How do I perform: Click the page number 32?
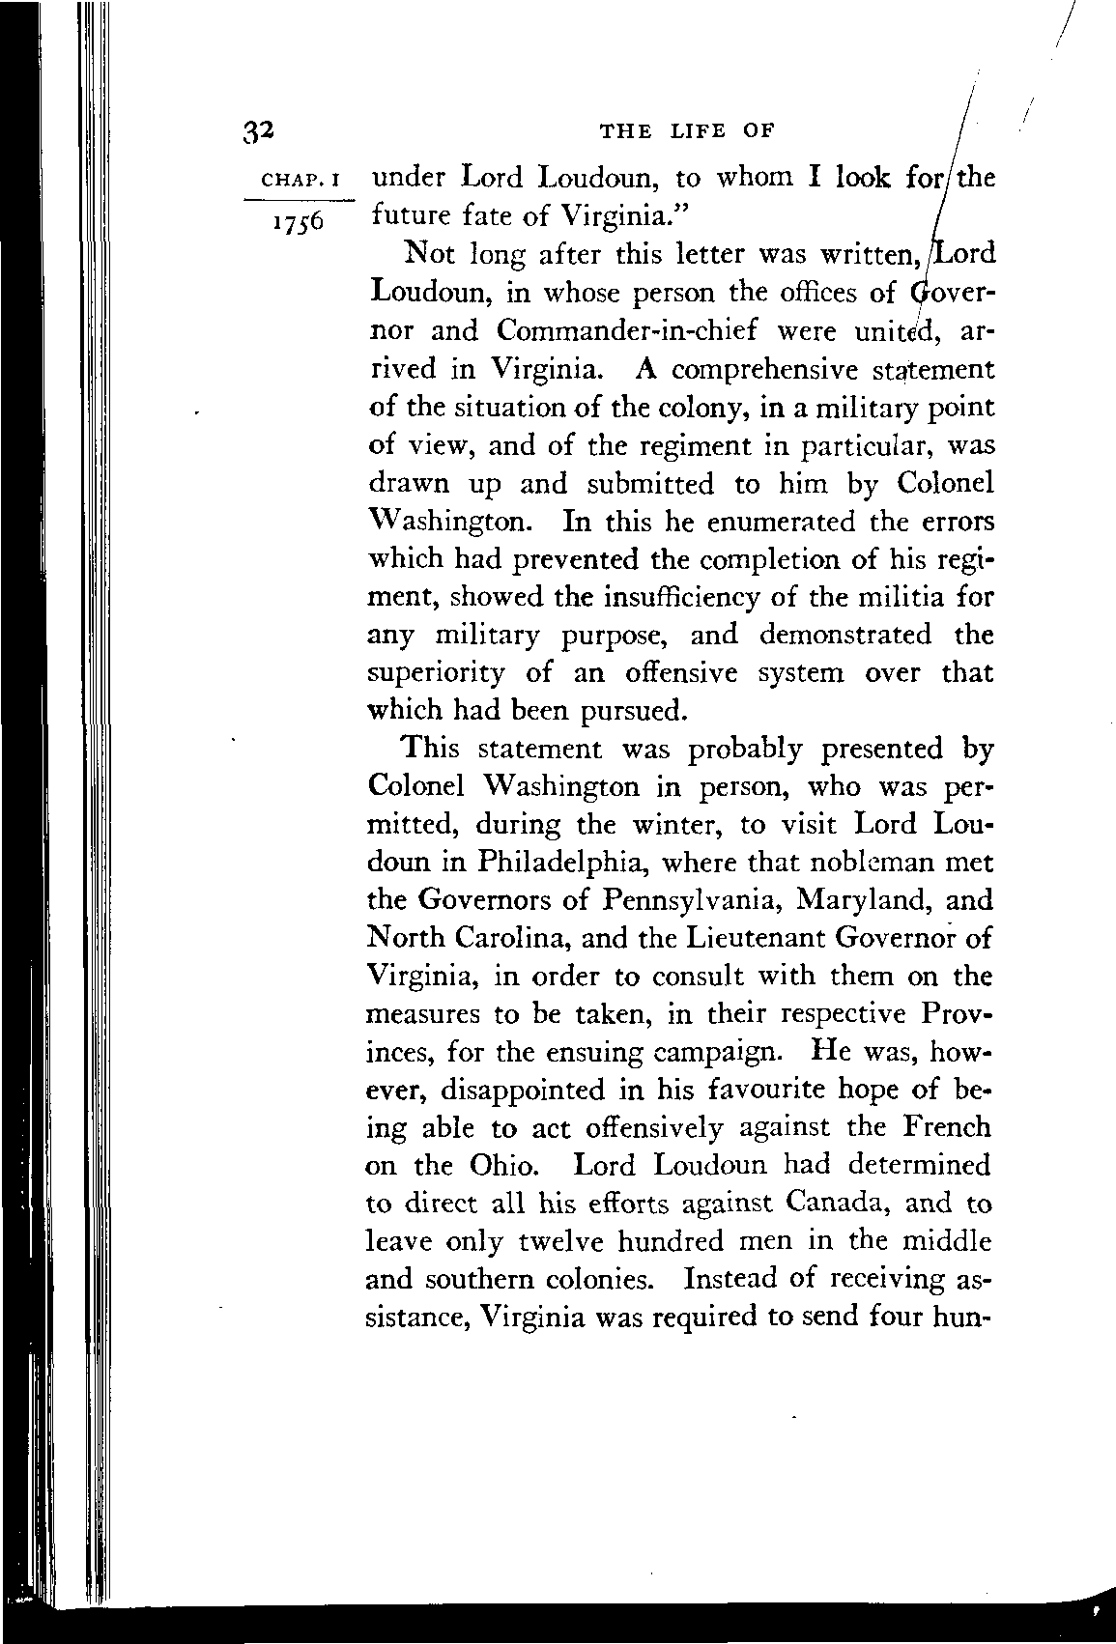[260, 131]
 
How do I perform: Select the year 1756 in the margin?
[300, 220]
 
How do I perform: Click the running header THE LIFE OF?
[689, 130]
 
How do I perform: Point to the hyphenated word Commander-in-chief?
[628, 331]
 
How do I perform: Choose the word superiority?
[438, 673]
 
